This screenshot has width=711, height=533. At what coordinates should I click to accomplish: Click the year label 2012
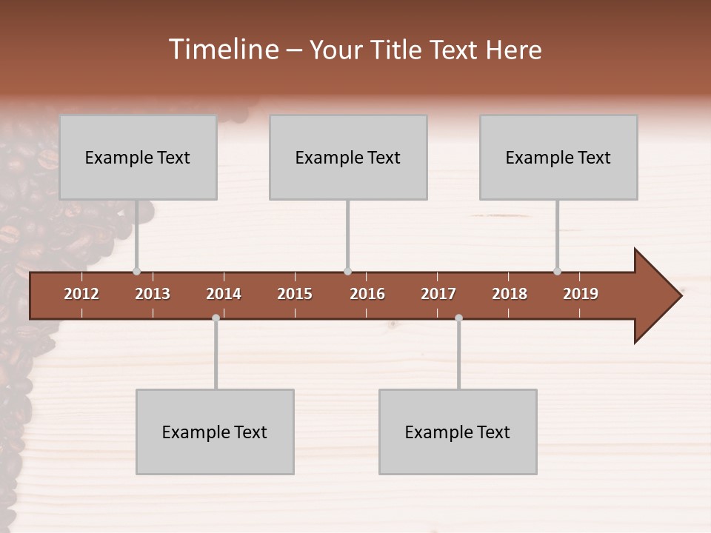click(x=81, y=294)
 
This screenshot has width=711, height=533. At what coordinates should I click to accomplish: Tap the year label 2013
click(x=153, y=294)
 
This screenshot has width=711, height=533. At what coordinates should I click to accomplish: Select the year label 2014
click(x=224, y=294)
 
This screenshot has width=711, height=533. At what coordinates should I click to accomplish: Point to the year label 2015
click(x=295, y=294)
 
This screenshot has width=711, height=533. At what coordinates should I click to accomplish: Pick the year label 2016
click(x=367, y=294)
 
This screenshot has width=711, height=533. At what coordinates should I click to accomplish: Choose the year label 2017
click(x=438, y=294)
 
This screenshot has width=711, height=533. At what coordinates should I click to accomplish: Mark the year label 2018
click(x=510, y=294)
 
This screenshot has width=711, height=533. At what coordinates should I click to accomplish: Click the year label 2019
click(x=581, y=294)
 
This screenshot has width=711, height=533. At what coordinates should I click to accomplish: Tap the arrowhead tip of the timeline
click(x=680, y=296)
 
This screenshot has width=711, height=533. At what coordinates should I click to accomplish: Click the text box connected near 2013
click(x=138, y=157)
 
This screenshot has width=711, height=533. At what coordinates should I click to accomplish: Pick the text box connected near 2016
click(x=348, y=157)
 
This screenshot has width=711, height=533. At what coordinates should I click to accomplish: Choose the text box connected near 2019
click(x=558, y=157)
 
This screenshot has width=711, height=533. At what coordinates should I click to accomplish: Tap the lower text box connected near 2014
click(x=215, y=432)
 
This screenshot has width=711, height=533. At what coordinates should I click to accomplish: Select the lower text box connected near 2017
click(x=458, y=432)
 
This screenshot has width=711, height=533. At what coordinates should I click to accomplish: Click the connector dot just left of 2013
click(x=136, y=272)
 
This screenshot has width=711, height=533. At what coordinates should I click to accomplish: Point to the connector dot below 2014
click(x=216, y=318)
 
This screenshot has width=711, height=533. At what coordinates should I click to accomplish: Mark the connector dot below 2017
click(x=458, y=318)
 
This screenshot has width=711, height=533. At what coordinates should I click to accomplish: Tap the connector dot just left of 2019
click(x=557, y=272)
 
